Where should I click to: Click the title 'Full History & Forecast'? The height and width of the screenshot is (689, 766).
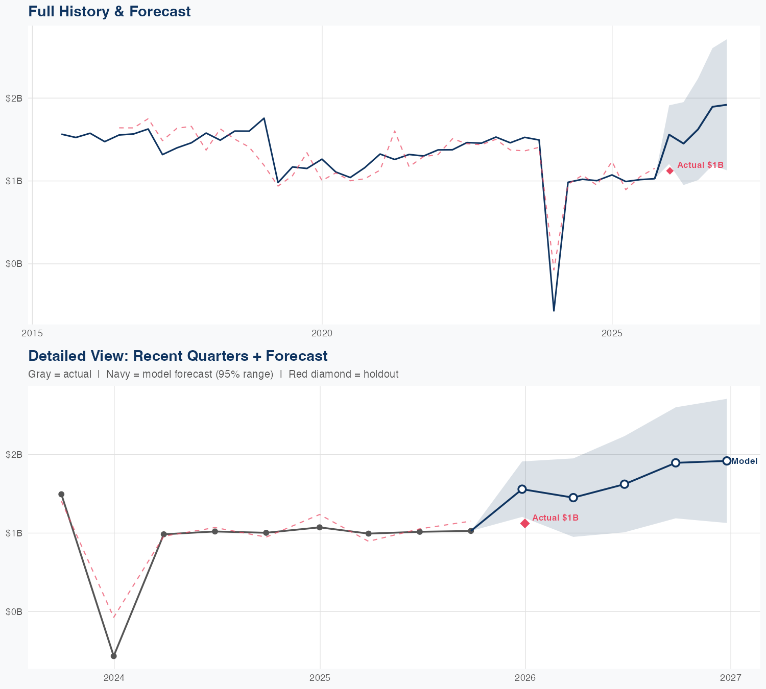click(x=109, y=12)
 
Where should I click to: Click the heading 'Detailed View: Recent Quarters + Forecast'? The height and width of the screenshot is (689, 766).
click(x=178, y=356)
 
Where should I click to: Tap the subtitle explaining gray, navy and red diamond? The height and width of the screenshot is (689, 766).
click(x=213, y=374)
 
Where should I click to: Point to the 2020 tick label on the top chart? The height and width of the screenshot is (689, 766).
click(x=322, y=334)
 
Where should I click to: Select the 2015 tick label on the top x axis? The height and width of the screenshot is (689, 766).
click(x=32, y=334)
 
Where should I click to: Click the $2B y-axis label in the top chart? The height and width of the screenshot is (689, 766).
click(x=14, y=98)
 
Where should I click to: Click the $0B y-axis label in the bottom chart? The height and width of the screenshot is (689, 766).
click(x=14, y=611)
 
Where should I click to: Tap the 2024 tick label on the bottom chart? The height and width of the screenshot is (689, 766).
click(x=114, y=678)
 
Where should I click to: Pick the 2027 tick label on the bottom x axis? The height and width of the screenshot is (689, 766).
click(x=730, y=678)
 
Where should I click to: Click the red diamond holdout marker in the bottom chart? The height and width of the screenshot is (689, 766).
click(x=525, y=523)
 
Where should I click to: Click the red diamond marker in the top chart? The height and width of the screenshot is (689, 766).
click(x=670, y=170)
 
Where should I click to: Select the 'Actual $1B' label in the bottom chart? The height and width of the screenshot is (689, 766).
click(x=555, y=518)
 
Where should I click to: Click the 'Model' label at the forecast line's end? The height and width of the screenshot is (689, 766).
click(x=745, y=461)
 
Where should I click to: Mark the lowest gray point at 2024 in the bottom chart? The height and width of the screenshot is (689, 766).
click(x=114, y=656)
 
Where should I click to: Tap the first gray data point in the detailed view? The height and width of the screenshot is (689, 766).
click(x=61, y=494)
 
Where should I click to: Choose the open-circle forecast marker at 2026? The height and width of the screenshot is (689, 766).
click(x=522, y=489)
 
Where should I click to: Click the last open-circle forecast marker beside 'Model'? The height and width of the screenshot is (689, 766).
click(x=727, y=461)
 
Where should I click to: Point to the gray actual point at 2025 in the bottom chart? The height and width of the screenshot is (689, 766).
click(x=320, y=527)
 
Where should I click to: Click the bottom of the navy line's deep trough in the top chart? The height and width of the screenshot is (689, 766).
click(x=554, y=310)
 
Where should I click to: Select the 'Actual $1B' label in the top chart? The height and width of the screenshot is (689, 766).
click(x=700, y=165)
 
